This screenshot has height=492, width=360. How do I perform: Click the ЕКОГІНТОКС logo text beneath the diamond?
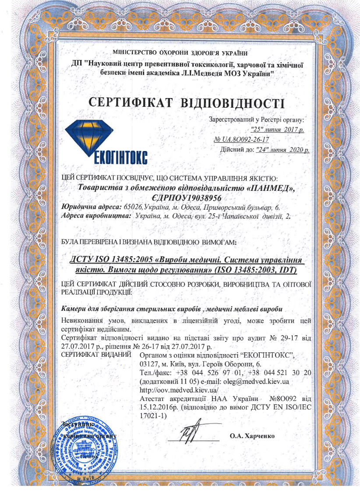pyautogui.click(x=120, y=157)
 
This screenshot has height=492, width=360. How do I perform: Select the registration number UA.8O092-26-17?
pyautogui.click(x=241, y=140)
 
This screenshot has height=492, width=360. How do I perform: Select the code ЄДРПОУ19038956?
pyautogui.click(x=185, y=198)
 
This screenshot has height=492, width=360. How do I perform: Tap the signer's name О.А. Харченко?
pyautogui.click(x=251, y=436)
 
